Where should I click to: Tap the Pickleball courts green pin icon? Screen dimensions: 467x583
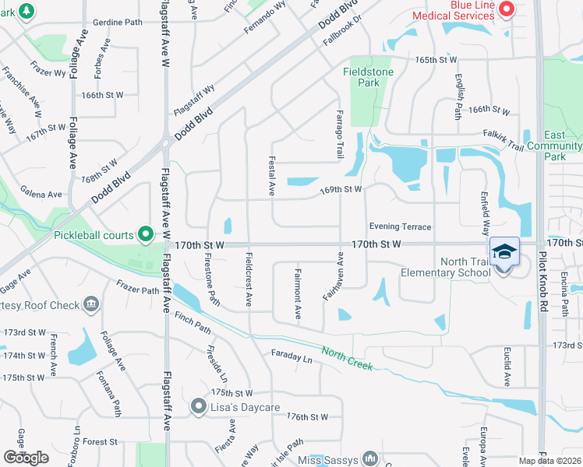coord(145,233)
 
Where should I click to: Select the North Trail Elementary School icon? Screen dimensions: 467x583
coord(504,251)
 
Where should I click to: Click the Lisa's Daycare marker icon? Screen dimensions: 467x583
coord(199,406)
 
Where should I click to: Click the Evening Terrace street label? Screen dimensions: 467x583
coord(400,226)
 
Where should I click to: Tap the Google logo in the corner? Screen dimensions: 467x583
coord(26,458)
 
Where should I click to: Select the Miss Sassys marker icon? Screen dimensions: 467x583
coord(370,459)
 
